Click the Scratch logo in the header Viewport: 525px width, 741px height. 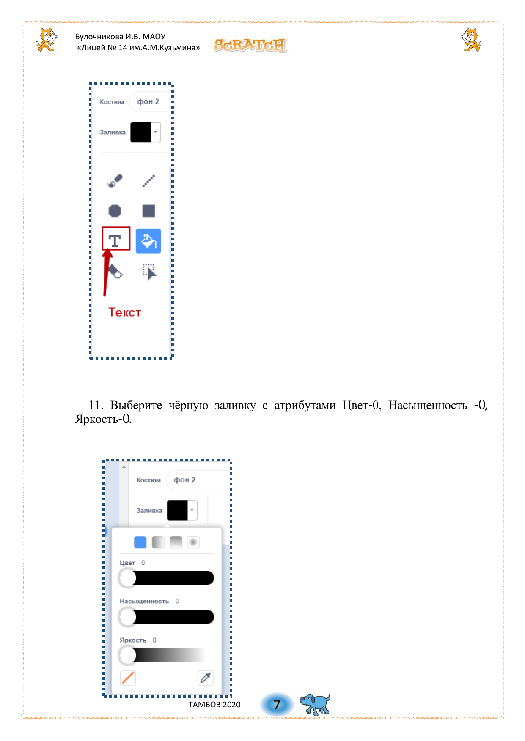250,45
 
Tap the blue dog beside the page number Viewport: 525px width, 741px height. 315,704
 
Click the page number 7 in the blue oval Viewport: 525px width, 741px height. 277,705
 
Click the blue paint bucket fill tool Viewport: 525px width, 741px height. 148,241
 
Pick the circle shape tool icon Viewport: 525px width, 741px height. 115,210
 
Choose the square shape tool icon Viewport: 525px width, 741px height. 148,210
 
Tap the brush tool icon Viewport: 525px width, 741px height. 115,180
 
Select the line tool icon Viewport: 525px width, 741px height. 148,180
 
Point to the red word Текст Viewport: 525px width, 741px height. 125,312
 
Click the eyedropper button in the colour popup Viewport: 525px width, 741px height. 206,678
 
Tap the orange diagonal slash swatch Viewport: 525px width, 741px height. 128,678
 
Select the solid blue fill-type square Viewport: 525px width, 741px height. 140,542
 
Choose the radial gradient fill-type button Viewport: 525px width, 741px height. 193,542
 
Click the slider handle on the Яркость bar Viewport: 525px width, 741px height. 127,655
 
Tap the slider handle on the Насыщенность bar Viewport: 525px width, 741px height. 127,617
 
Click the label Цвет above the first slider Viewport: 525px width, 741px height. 127,563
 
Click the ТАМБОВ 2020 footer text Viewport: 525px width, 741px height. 214,704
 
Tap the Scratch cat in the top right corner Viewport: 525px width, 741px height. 471,39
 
